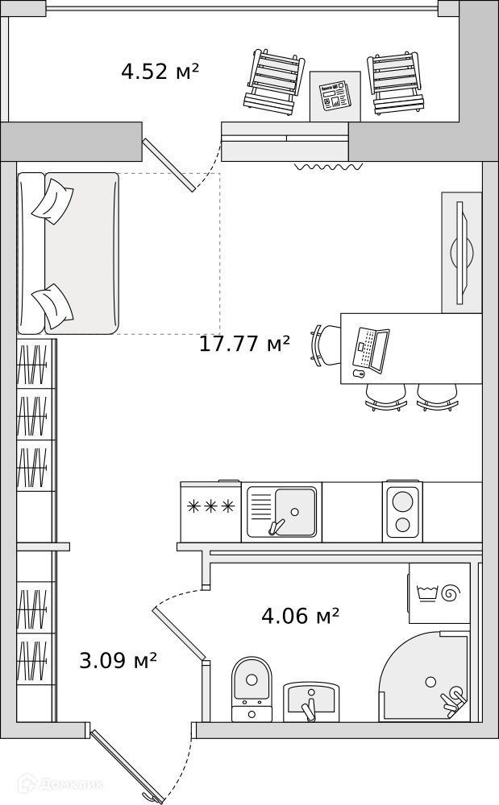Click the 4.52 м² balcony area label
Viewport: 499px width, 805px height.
coord(160,72)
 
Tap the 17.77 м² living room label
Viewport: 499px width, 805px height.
coord(244,344)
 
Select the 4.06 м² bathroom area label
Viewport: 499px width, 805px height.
coord(300,614)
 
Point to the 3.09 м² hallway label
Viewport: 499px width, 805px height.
coord(118,660)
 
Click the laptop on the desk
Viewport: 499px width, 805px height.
coord(371,349)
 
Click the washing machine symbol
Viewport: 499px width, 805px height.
coord(439,593)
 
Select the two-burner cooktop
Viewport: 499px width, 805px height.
coord(402,512)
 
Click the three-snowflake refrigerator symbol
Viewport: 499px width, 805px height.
coord(210,506)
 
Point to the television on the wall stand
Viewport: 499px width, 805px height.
coord(462,253)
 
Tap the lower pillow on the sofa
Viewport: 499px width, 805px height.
coord(52,307)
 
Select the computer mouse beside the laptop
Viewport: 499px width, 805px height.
coord(358,374)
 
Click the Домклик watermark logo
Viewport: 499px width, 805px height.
coord(60,783)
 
